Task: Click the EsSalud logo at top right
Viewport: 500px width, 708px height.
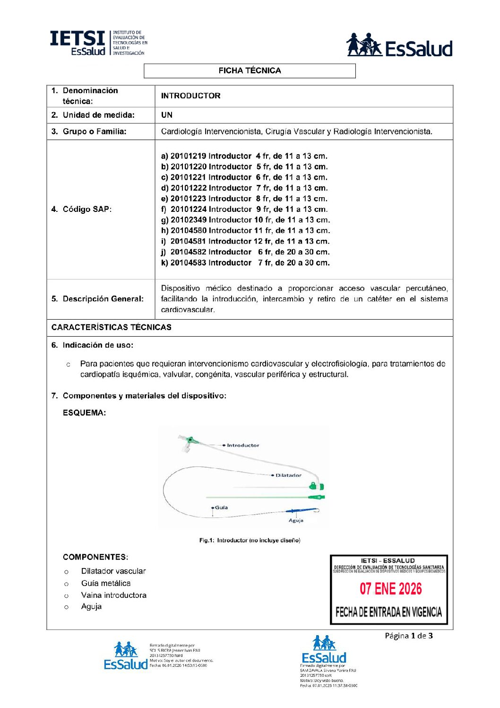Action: coord(399,45)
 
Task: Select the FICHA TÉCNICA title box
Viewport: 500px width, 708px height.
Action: coord(250,71)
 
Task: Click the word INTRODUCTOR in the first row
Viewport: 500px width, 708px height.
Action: coord(190,96)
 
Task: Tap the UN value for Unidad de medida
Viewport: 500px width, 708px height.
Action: coord(167,115)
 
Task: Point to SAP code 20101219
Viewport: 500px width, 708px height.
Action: coord(187,156)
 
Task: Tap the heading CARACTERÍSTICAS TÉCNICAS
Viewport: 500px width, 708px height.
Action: coord(112,327)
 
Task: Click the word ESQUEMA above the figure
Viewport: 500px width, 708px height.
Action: coord(84,413)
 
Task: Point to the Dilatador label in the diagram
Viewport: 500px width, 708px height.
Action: coord(288,475)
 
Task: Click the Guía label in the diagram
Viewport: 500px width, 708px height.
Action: coord(221,507)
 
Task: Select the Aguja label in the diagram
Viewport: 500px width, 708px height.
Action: coord(296,520)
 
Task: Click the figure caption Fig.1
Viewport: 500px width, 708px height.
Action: coord(250,540)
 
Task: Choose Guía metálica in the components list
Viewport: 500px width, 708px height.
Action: coord(106,583)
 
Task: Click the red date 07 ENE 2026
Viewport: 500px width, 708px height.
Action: coord(390,589)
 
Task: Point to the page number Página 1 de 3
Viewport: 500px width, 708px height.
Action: coord(408,636)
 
